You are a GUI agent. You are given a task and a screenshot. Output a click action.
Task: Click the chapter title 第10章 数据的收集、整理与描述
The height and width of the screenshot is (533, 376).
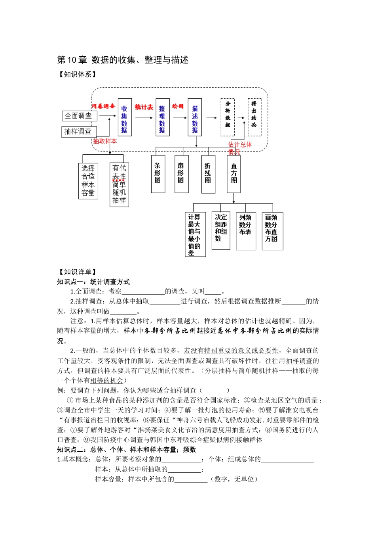pyautogui.click(x=123, y=60)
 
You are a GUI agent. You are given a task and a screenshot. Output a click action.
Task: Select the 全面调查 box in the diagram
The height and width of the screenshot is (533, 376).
pyautogui.click(x=79, y=116)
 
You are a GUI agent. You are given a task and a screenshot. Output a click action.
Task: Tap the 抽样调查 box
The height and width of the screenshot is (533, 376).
pyautogui.click(x=79, y=131)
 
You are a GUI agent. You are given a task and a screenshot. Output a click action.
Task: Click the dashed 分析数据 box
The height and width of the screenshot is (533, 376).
pyautogui.click(x=228, y=117)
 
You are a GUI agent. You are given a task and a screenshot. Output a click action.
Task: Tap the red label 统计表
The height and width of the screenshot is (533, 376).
pyautogui.click(x=144, y=107)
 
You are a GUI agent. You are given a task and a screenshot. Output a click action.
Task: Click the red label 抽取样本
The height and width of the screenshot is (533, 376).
pyautogui.click(x=105, y=141)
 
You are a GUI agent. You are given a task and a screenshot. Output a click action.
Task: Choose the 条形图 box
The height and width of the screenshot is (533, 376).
pyautogui.click(x=158, y=174)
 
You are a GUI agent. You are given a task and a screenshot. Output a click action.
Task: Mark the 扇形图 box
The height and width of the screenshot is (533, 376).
pyautogui.click(x=181, y=174)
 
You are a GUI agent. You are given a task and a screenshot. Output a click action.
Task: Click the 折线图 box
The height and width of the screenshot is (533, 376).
pyautogui.click(x=208, y=174)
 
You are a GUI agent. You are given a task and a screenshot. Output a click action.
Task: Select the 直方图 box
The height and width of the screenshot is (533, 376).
pyautogui.click(x=234, y=174)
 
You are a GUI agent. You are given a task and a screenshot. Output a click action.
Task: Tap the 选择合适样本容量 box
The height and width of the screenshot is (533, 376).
pyautogui.click(x=88, y=181)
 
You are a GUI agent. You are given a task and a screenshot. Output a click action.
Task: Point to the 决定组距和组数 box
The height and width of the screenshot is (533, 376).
pyautogui.click(x=221, y=231)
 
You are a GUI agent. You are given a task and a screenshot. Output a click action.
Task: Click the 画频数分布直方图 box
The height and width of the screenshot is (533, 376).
pyautogui.click(x=272, y=231)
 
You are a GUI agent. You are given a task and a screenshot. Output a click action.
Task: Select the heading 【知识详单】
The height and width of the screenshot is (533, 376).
pyautogui.click(x=78, y=272)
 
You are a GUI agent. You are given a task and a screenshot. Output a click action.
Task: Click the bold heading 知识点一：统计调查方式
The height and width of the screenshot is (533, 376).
pyautogui.click(x=93, y=282)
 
